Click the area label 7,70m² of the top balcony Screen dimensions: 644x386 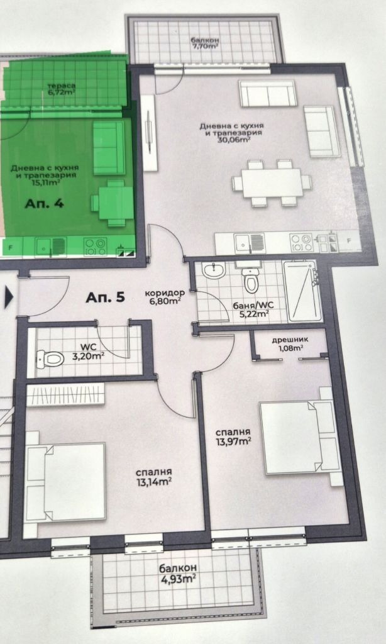coord(206,46)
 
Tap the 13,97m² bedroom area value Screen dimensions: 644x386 coord(233,441)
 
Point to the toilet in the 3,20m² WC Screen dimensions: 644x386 coord(50,359)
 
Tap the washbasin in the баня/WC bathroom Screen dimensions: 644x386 coord(213,271)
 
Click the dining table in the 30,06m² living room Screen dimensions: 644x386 coord(272,183)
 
